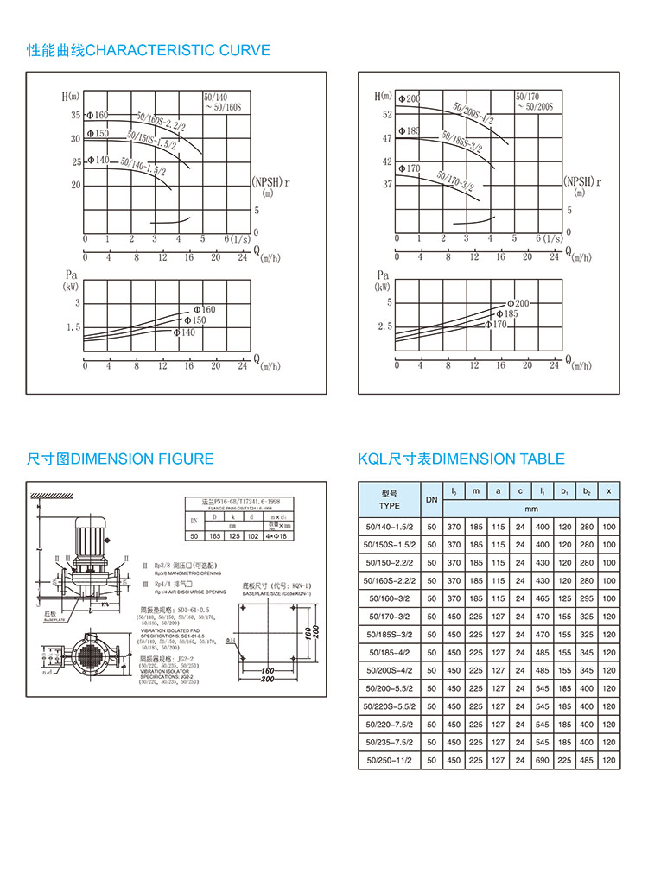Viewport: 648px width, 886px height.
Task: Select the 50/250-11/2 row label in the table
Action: pyautogui.click(x=390, y=761)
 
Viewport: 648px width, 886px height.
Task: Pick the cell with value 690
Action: pyautogui.click(x=542, y=761)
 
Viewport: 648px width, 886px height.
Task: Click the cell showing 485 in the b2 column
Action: pyautogui.click(x=587, y=761)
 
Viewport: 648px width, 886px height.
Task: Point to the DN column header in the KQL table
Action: pyautogui.click(x=431, y=500)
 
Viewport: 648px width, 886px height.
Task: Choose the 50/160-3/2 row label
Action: pyautogui.click(x=390, y=598)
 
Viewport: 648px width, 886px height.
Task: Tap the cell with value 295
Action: pyautogui.click(x=587, y=598)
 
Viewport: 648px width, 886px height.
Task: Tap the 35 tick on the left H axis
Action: pyautogui.click(x=75, y=115)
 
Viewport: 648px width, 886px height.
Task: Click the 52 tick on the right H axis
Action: pyautogui.click(x=386, y=114)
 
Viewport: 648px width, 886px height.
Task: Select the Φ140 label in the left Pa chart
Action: pyautogui.click(x=184, y=332)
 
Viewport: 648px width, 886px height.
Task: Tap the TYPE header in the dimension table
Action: pyautogui.click(x=390, y=506)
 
